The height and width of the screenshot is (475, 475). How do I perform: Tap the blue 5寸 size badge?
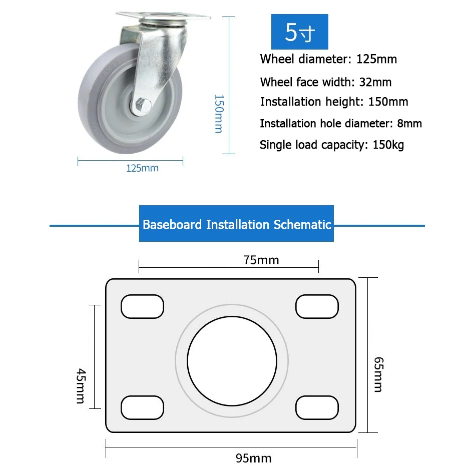[x=300, y=32]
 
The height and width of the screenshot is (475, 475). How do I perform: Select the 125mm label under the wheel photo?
[x=142, y=168]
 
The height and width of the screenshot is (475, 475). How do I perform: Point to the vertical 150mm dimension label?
[x=219, y=114]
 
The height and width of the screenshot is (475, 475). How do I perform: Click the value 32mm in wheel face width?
[x=375, y=82]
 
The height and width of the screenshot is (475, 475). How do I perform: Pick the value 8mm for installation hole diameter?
[x=409, y=123]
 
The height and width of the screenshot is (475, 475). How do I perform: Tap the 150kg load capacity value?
[x=388, y=145]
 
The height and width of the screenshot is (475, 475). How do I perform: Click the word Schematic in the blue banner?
[x=302, y=224]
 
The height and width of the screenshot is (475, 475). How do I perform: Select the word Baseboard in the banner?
[x=172, y=224]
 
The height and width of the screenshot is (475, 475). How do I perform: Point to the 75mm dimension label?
[x=261, y=260]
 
